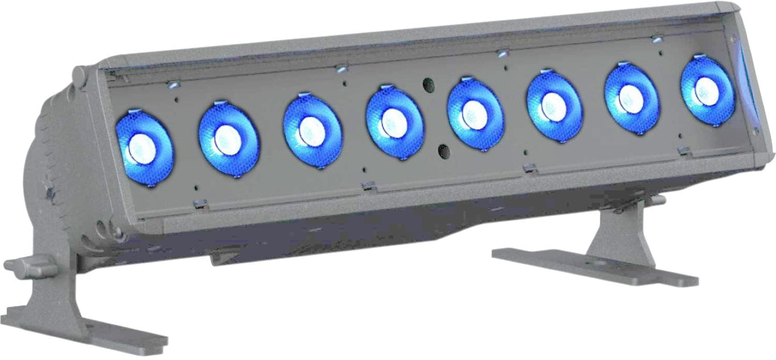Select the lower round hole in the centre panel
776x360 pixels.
point(443,151)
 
